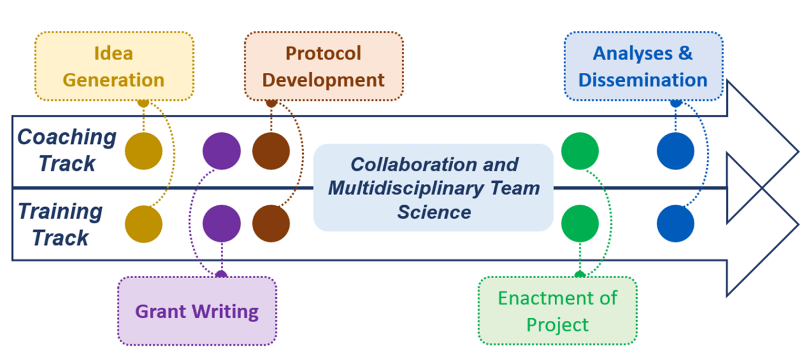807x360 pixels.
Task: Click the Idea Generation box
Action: [x=114, y=66]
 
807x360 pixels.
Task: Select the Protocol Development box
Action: [x=323, y=66]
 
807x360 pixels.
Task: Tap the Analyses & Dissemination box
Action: [x=643, y=66]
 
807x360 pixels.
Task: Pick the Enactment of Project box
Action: [x=557, y=311]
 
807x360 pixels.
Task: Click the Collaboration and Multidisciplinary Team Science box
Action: [x=433, y=188]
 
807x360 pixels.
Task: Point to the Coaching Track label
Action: [x=66, y=150]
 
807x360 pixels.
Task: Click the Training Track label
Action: [x=60, y=224]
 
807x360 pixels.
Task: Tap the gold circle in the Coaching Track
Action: [x=144, y=151]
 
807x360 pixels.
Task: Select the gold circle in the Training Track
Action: [x=144, y=224]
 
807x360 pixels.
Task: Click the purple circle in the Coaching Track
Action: [x=221, y=151]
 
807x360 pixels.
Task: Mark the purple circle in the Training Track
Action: [x=221, y=224]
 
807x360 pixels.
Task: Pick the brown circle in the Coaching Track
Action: [x=271, y=151]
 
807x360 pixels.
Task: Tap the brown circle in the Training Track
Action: [x=271, y=224]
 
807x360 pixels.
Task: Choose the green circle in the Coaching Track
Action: [x=580, y=151]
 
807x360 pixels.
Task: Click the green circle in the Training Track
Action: [x=580, y=224]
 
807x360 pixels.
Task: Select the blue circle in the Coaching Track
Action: [x=675, y=151]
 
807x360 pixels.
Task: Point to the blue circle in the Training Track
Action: [x=675, y=224]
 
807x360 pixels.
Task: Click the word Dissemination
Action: [x=643, y=79]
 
